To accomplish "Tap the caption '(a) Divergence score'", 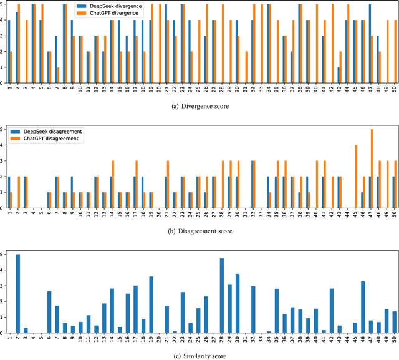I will click(199, 105).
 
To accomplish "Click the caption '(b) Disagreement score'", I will click(199, 230).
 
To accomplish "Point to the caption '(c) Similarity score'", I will click(199, 354).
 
